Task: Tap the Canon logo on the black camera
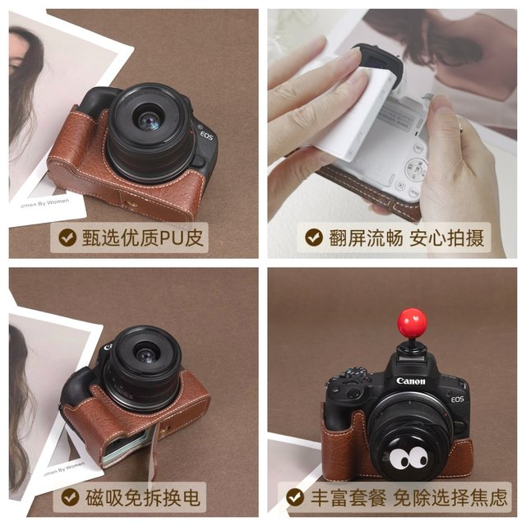coord(411,381)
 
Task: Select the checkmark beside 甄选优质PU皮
coord(67,238)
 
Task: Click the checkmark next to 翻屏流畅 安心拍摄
coord(314,238)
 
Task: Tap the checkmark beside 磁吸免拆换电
coord(70,497)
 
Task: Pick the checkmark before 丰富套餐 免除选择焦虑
coord(295,497)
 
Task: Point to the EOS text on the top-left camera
coord(206,136)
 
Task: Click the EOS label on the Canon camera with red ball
coord(457,399)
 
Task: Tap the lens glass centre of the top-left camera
coord(149,121)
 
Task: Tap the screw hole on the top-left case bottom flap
coord(129,202)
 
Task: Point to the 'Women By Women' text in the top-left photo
coord(44,203)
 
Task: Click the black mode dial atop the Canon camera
coord(357,372)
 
